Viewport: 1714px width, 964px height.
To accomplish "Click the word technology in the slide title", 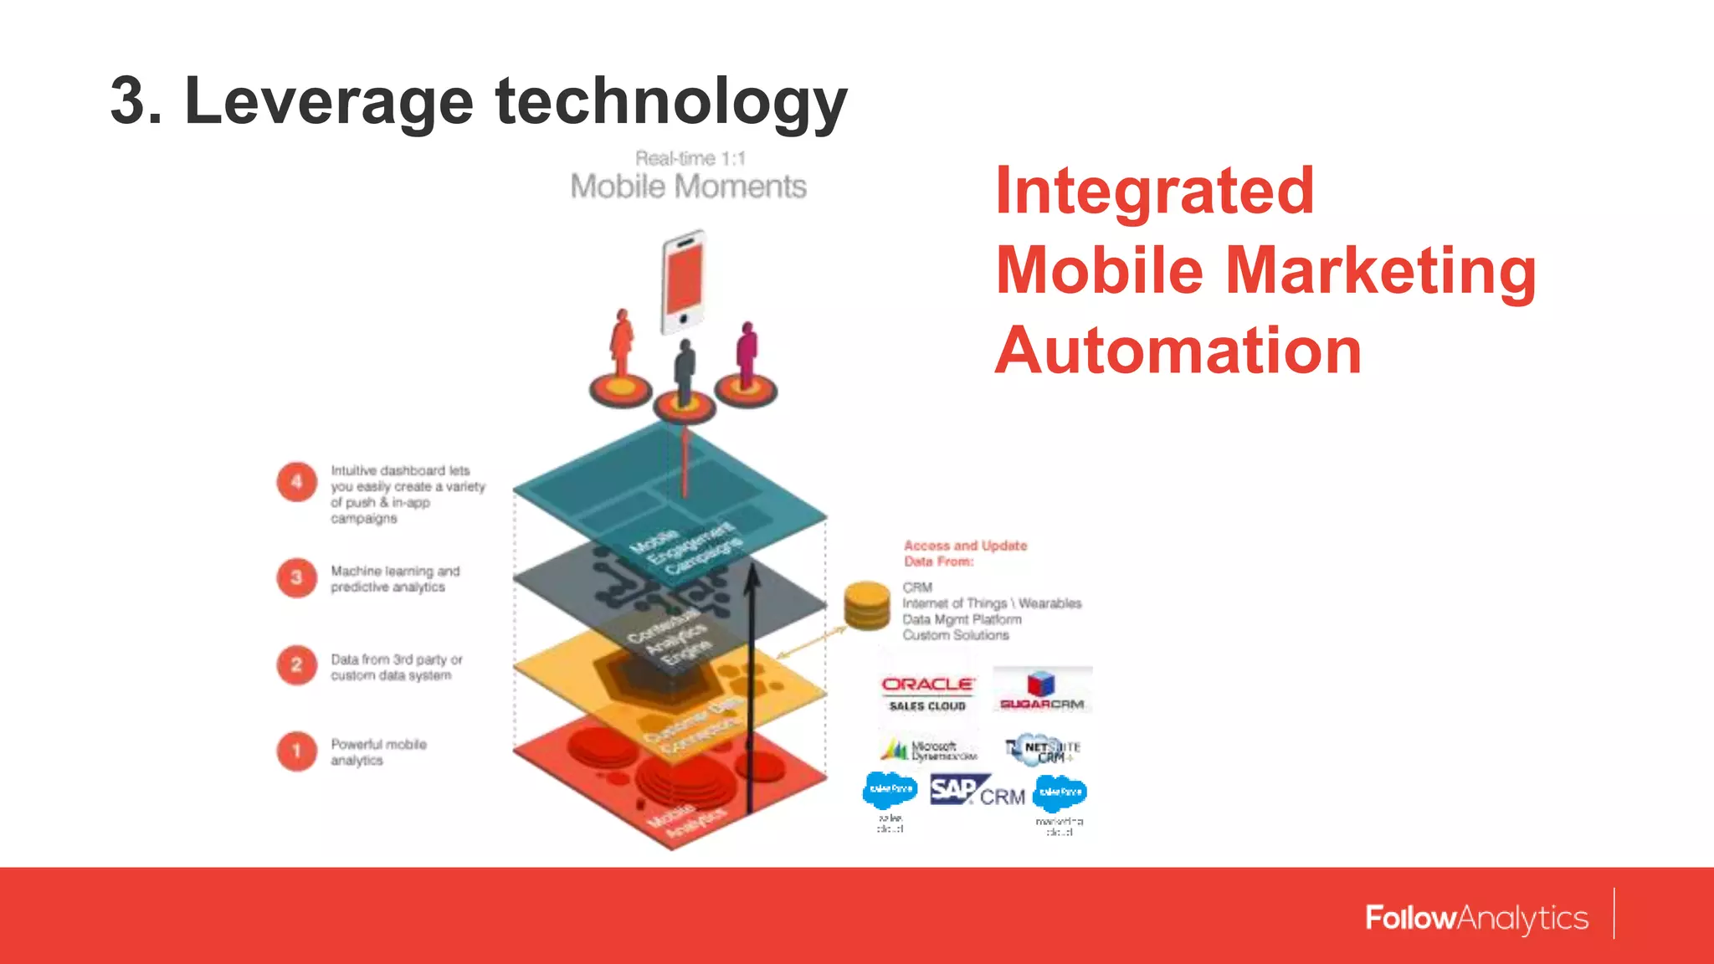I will (671, 100).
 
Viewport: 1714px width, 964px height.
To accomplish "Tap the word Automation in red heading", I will (1178, 350).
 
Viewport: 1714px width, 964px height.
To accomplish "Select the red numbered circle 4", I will (296, 482).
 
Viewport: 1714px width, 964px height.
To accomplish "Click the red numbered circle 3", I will (296, 577).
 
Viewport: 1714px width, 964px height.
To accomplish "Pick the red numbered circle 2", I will (296, 665).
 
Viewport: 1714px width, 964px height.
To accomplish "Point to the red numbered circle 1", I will (296, 751).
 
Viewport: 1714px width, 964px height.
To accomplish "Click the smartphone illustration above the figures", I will (684, 282).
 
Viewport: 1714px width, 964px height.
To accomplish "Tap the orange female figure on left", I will (621, 345).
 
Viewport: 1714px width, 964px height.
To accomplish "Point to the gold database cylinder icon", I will (866, 605).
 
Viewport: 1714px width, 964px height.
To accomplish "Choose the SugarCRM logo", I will (1041, 691).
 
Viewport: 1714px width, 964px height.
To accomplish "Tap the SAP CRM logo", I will (977, 791).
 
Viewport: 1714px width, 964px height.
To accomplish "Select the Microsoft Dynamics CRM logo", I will (929, 749).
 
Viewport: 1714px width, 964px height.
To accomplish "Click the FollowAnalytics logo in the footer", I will (1476, 918).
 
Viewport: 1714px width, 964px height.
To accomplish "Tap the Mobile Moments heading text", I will (688, 186).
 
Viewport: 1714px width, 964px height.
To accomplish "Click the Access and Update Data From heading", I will (964, 553).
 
